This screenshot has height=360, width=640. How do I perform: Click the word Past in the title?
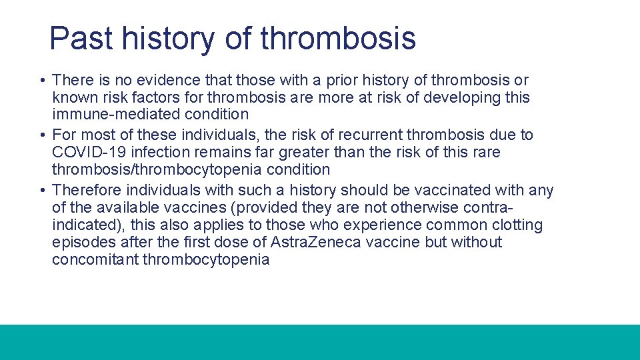[x=81, y=37]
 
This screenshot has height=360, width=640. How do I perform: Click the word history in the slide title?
[x=168, y=39]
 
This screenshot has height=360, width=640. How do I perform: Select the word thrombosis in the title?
[x=338, y=37]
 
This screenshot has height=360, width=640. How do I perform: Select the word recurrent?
[x=370, y=135]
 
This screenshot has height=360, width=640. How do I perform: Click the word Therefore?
[x=87, y=190]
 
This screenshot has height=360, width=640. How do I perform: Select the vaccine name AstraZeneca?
[x=316, y=242]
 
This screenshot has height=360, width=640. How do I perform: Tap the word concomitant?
[x=95, y=259]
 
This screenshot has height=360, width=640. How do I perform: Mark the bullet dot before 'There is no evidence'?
[x=43, y=80]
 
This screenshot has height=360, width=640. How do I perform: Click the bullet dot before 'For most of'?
[x=43, y=135]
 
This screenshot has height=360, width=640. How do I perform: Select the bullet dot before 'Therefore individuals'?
[x=43, y=190]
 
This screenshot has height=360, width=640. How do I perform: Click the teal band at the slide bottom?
[x=320, y=342]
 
